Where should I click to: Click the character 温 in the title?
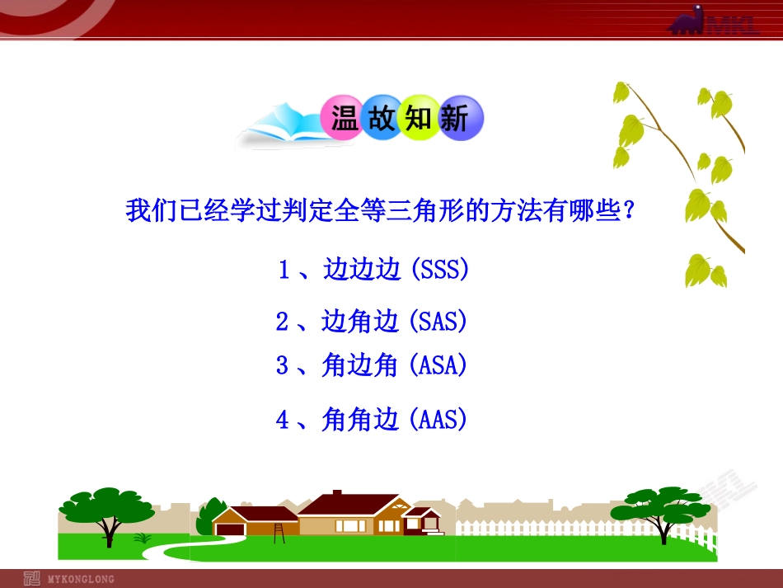(345, 120)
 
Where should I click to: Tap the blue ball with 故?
(382, 120)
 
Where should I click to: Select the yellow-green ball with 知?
(419, 120)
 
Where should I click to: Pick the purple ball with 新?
(455, 120)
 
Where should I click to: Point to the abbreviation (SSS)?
(439, 270)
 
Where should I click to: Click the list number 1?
(284, 270)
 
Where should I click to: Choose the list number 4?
(283, 421)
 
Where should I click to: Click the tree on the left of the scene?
(100, 512)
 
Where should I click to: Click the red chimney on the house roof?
(336, 496)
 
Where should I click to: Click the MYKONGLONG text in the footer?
(82, 579)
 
